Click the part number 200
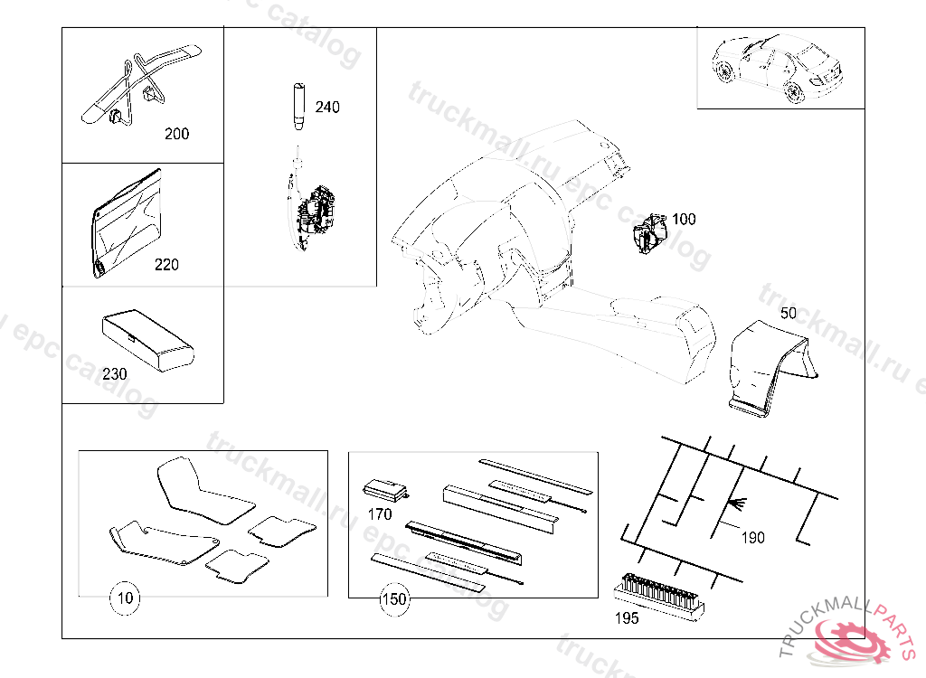[176, 134]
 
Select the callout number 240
[327, 108]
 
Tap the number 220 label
[166, 265]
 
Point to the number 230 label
[115, 373]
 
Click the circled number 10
[126, 598]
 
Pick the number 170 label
[380, 515]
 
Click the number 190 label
[752, 538]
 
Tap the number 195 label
[626, 618]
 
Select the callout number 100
[684, 220]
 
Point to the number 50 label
[789, 314]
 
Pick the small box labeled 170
[386, 491]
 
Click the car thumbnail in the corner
[780, 69]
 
